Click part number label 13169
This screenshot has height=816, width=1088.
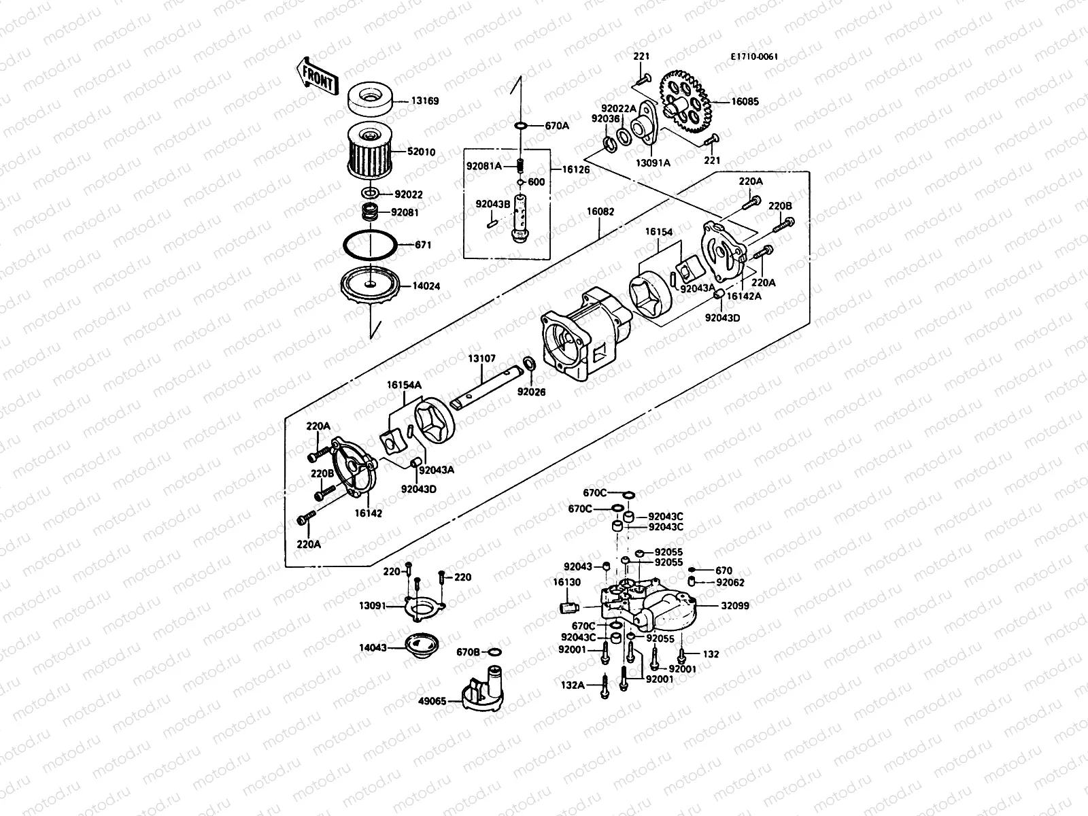point(424,101)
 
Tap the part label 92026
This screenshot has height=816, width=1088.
point(531,392)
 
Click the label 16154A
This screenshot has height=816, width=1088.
point(405,385)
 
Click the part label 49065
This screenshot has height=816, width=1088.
point(432,700)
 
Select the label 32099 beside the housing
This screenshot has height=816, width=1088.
point(735,605)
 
